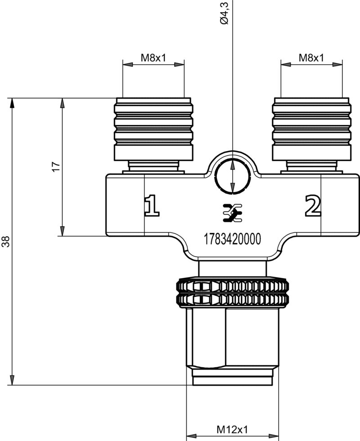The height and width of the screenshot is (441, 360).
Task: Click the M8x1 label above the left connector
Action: coord(153,58)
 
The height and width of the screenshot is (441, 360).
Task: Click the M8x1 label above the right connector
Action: coord(311,58)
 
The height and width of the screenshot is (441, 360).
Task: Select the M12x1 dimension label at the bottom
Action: coord(232,430)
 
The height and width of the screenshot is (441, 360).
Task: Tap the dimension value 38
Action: coord(6,242)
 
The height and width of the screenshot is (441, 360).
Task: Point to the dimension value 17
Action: coord(56,167)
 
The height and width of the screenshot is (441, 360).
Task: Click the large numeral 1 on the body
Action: coord(152,205)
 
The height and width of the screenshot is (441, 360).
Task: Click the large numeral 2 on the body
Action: coord(313,205)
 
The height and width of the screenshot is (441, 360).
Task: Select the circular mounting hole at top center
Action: coord(232,177)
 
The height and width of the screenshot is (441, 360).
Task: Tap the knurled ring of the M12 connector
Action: coord(232,293)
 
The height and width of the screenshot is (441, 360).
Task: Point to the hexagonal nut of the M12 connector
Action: coord(232,338)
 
